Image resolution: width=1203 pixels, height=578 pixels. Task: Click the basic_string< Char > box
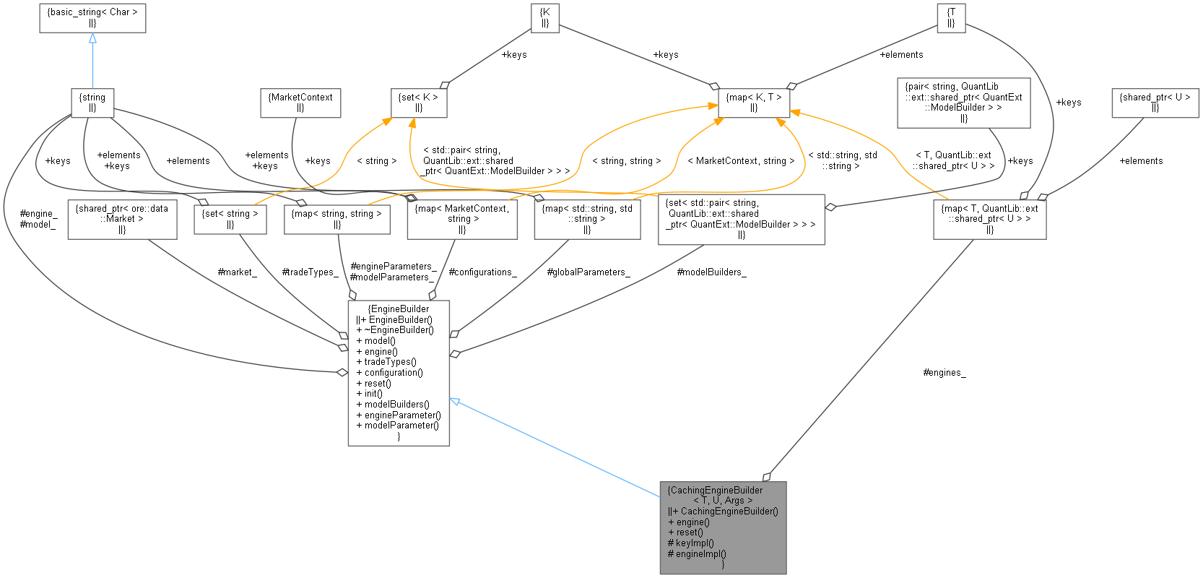[x=92, y=17]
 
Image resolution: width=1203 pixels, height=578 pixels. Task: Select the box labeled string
[x=92, y=102]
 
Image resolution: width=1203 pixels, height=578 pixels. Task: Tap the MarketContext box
[x=300, y=102]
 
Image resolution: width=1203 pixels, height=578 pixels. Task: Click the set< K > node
[x=419, y=102]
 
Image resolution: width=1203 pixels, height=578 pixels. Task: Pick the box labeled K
[x=545, y=17]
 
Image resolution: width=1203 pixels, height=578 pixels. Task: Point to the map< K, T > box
[x=754, y=102]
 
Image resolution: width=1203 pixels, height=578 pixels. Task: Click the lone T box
[x=951, y=17]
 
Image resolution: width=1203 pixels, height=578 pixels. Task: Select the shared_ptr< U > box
[x=1155, y=102]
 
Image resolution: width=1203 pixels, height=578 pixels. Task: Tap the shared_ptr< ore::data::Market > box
[x=122, y=219]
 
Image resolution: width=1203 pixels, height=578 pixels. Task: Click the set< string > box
[x=230, y=219]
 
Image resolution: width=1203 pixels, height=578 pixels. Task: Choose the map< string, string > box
[x=337, y=219]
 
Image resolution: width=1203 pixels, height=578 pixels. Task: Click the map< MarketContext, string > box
[x=462, y=219]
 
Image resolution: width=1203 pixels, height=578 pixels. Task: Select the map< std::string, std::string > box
[x=587, y=219]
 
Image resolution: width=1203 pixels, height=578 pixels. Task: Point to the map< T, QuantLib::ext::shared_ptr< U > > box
[x=989, y=219]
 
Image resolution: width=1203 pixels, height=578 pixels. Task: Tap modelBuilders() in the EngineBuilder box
[x=396, y=405]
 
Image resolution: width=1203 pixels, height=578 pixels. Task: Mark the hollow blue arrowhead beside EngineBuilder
[x=456, y=401]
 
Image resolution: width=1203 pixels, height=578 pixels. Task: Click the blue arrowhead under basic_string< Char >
[x=92, y=38]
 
